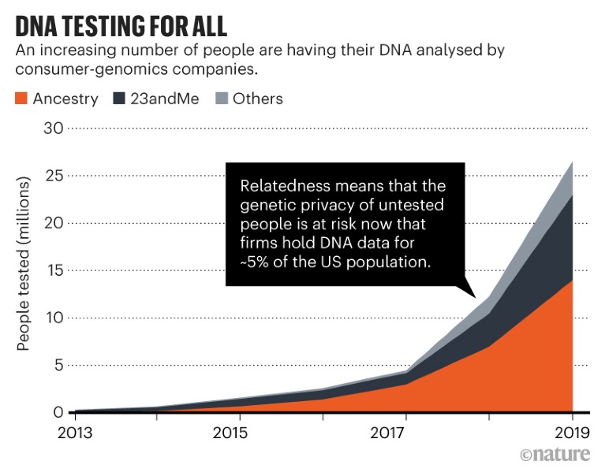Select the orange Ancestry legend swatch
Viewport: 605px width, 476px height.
[x=21, y=99]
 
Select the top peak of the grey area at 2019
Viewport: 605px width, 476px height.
[x=572, y=162]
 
